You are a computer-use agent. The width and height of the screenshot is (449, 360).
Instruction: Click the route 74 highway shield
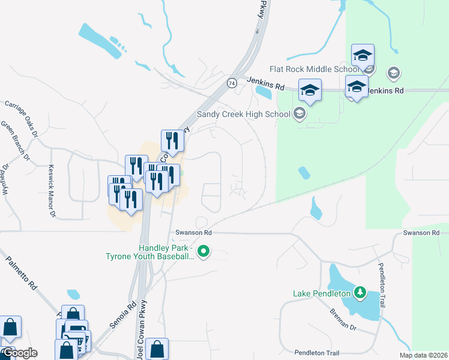point(232,83)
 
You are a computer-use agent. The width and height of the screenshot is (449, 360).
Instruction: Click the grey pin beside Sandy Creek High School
point(299,113)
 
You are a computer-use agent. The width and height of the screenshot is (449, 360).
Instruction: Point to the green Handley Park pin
point(204,251)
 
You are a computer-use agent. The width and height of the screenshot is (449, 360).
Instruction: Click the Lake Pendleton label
point(322,293)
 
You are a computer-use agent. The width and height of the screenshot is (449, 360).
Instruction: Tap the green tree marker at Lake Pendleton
point(360,293)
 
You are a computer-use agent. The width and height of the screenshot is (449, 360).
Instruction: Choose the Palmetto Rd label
point(20,274)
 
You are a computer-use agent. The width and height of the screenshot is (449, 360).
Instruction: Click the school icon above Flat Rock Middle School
point(363,55)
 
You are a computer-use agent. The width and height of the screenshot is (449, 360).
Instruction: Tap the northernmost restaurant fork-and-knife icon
point(172,140)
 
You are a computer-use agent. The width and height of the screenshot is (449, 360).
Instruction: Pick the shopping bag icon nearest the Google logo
point(10,327)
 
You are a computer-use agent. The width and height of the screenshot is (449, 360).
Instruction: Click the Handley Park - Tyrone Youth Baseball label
point(165,252)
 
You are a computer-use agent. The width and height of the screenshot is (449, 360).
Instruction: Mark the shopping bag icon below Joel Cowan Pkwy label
point(157,349)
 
